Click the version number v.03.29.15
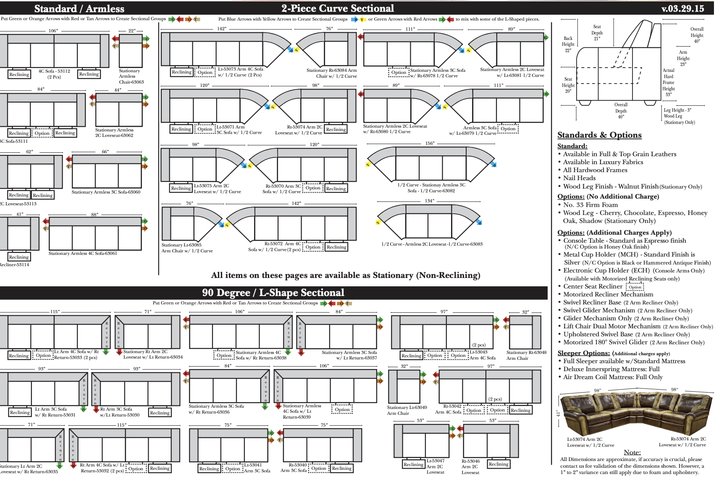pyautogui.click(x=682, y=8)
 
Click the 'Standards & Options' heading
pyautogui.click(x=599, y=135)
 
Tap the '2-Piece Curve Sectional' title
pyautogui.click(x=338, y=8)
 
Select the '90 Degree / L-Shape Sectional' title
pyautogui.click(x=273, y=293)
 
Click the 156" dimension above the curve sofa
pyautogui.click(x=430, y=143)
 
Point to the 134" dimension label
pyautogui.click(x=429, y=201)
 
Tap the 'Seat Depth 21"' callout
pyautogui.click(x=597, y=32)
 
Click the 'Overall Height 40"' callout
pyautogui.click(x=697, y=35)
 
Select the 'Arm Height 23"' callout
pyautogui.click(x=683, y=58)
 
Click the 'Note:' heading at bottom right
pyautogui.click(x=632, y=452)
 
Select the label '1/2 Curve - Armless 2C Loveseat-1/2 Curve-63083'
pyautogui.click(x=432, y=244)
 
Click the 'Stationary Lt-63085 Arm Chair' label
pyautogui.click(x=187, y=248)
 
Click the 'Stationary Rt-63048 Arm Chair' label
pyautogui.click(x=526, y=355)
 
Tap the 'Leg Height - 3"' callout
pyautogui.click(x=677, y=110)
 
